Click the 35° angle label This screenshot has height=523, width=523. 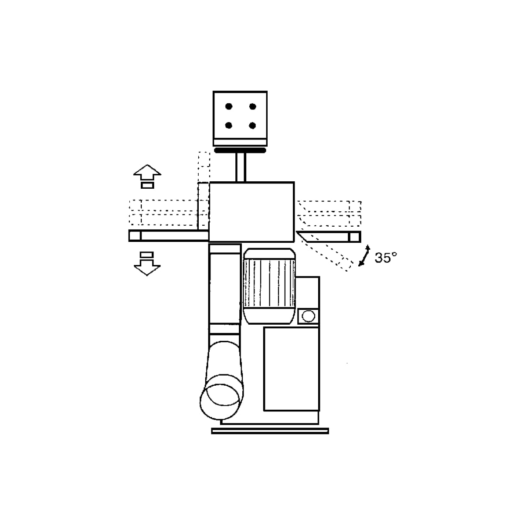(385, 258)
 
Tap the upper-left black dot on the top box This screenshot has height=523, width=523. (229, 106)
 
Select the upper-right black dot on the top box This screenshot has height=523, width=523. (253, 106)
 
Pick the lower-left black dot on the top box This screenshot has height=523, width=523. (229, 126)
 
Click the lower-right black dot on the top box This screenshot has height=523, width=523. (252, 126)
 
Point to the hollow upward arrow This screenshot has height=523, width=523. (147, 172)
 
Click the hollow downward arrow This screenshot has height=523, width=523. (147, 268)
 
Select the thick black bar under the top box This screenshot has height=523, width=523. (240, 150)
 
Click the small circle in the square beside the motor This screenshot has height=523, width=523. (308, 316)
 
